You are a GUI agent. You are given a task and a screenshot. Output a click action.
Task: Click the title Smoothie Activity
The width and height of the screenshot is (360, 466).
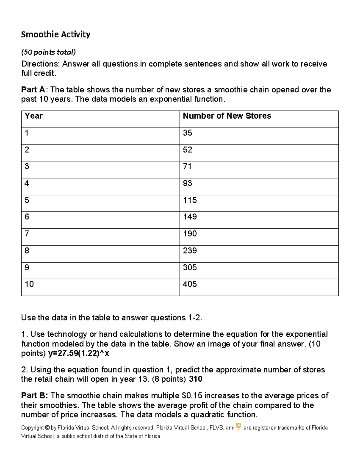point(55,35)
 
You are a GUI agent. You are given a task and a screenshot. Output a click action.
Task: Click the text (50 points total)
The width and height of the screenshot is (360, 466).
point(48,52)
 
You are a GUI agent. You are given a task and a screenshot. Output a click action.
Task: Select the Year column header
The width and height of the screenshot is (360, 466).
point(34,116)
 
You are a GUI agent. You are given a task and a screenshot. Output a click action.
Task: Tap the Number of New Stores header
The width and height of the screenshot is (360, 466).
point(227,116)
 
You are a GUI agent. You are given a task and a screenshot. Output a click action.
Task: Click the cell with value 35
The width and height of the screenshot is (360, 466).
point(187,133)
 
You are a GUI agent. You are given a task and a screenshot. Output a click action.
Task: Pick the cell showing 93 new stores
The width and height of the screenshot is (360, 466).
point(187,183)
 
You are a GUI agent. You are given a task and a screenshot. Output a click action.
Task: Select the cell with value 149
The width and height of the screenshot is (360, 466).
point(190,217)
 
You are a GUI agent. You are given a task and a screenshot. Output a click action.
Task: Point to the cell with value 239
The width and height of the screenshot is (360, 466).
point(190,251)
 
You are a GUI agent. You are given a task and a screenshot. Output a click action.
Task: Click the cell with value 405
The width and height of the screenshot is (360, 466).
point(190,284)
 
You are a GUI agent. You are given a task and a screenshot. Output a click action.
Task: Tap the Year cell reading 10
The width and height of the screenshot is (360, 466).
point(29,284)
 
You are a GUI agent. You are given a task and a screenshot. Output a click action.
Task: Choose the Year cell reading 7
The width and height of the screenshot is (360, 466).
point(27,234)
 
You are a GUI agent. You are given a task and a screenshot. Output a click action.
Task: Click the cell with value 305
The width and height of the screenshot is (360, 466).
point(190,267)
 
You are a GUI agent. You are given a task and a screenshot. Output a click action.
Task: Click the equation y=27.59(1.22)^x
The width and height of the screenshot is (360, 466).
point(79,353)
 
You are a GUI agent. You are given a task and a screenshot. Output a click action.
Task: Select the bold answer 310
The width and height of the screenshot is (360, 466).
point(196,379)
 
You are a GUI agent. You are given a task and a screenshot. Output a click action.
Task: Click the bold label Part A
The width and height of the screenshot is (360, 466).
point(33,90)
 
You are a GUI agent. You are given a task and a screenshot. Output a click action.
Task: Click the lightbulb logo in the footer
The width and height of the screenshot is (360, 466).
point(238,426)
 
